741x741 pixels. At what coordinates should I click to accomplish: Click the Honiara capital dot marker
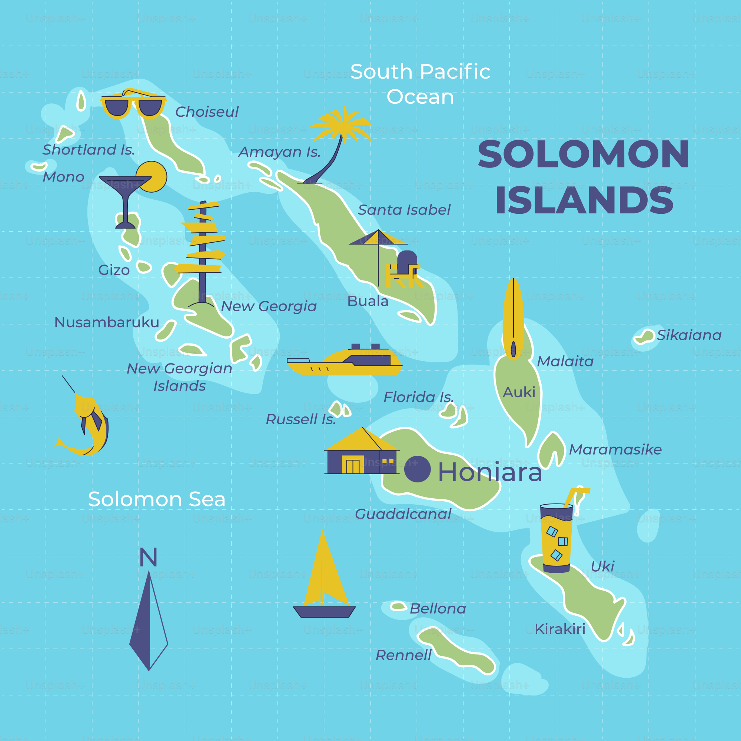[417, 469]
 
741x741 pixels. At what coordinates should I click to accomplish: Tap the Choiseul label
[207, 112]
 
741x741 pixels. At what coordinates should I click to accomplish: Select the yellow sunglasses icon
[133, 105]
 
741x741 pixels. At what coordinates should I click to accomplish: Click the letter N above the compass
[149, 557]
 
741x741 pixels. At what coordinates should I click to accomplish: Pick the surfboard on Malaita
[513, 318]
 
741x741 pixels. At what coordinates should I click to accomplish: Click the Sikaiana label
[689, 335]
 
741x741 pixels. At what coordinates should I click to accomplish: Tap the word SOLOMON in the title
[583, 154]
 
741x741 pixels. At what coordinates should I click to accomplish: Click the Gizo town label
[114, 270]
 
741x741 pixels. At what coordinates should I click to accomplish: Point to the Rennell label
[403, 655]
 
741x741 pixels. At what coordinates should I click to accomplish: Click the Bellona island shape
[398, 607]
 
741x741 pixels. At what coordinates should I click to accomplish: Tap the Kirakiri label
[560, 629]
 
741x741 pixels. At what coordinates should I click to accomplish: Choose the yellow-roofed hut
[361, 453]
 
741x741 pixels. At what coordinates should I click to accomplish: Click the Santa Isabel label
[404, 210]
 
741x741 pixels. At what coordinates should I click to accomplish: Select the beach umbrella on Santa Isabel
[378, 246]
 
